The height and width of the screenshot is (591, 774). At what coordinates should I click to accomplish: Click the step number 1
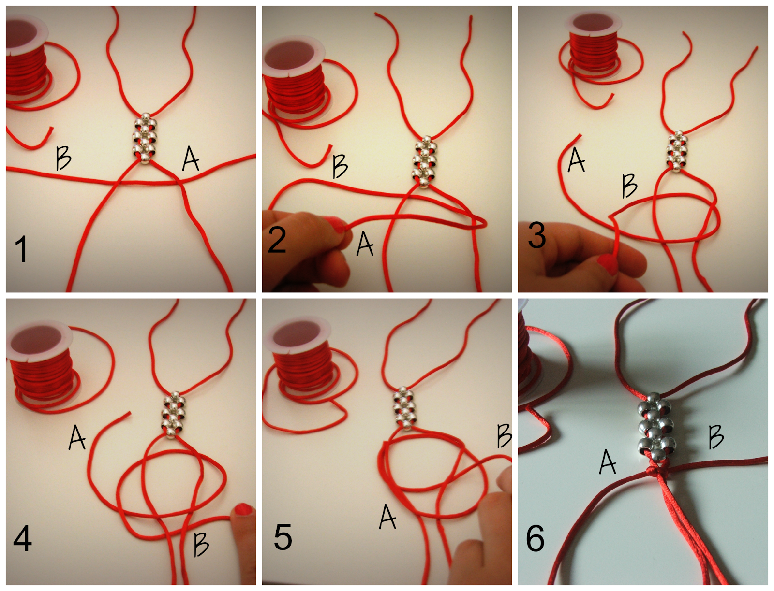click(21, 249)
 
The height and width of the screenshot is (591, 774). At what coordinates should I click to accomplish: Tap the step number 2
click(277, 240)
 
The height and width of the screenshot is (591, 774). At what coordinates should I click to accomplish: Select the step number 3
click(536, 236)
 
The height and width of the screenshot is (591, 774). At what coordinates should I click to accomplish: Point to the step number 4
click(22, 538)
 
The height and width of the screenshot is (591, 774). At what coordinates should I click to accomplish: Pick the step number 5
click(283, 537)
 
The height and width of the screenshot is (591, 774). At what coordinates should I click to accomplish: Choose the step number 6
click(535, 538)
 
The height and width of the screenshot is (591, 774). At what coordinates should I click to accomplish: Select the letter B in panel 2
click(340, 167)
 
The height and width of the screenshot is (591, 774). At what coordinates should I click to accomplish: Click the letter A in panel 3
click(576, 160)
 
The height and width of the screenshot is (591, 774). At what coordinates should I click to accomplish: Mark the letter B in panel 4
click(201, 544)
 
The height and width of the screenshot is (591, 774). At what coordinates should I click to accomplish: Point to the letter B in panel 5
click(504, 436)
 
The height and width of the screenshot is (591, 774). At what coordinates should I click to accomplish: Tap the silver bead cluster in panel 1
click(145, 138)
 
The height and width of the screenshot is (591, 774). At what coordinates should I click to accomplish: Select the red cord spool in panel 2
click(293, 82)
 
